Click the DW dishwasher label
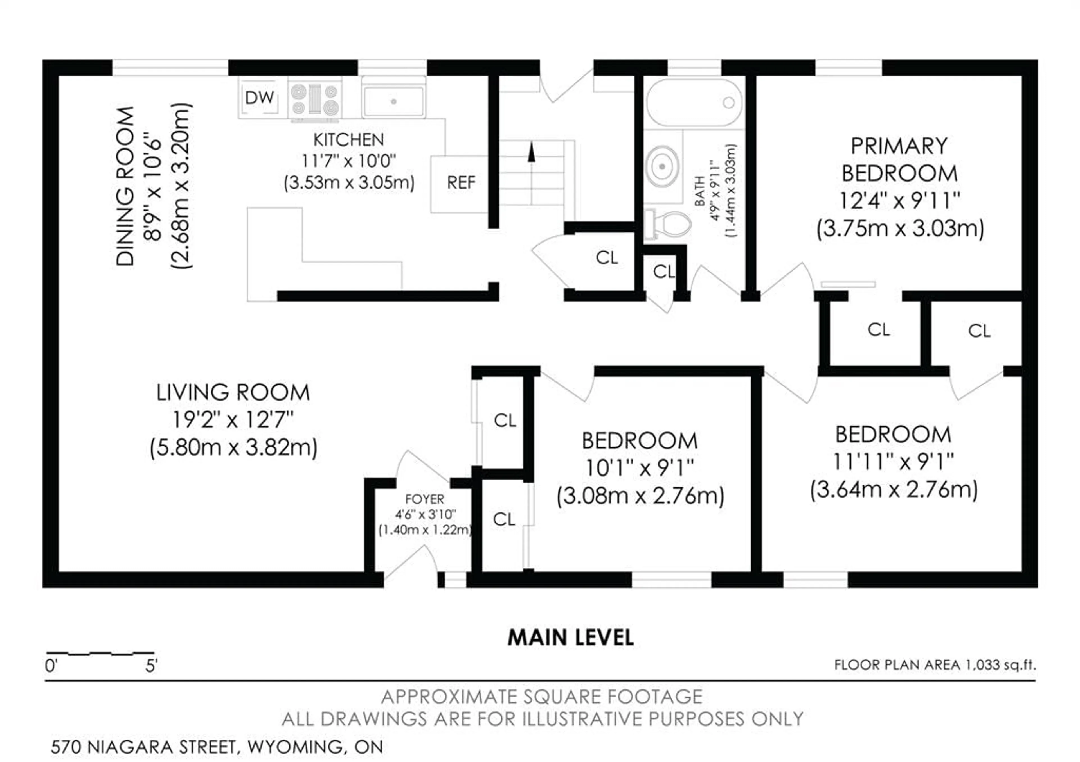259,98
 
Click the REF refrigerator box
460,183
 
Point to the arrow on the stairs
532,153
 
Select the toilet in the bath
670,224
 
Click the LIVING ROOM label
233,392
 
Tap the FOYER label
424,499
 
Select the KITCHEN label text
348,140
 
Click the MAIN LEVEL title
571,638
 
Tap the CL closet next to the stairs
606,257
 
